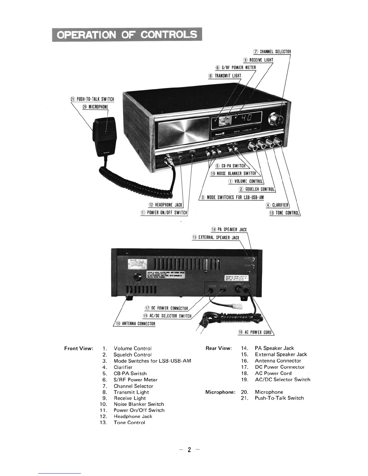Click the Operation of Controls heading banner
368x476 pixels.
(127, 35)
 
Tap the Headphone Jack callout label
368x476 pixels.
(166, 205)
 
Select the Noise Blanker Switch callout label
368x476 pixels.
(234, 173)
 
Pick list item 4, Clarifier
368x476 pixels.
(123, 367)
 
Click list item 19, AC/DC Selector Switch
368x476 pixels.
(282, 380)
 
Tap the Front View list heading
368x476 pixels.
(79, 349)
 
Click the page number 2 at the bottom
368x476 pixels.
(189, 450)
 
